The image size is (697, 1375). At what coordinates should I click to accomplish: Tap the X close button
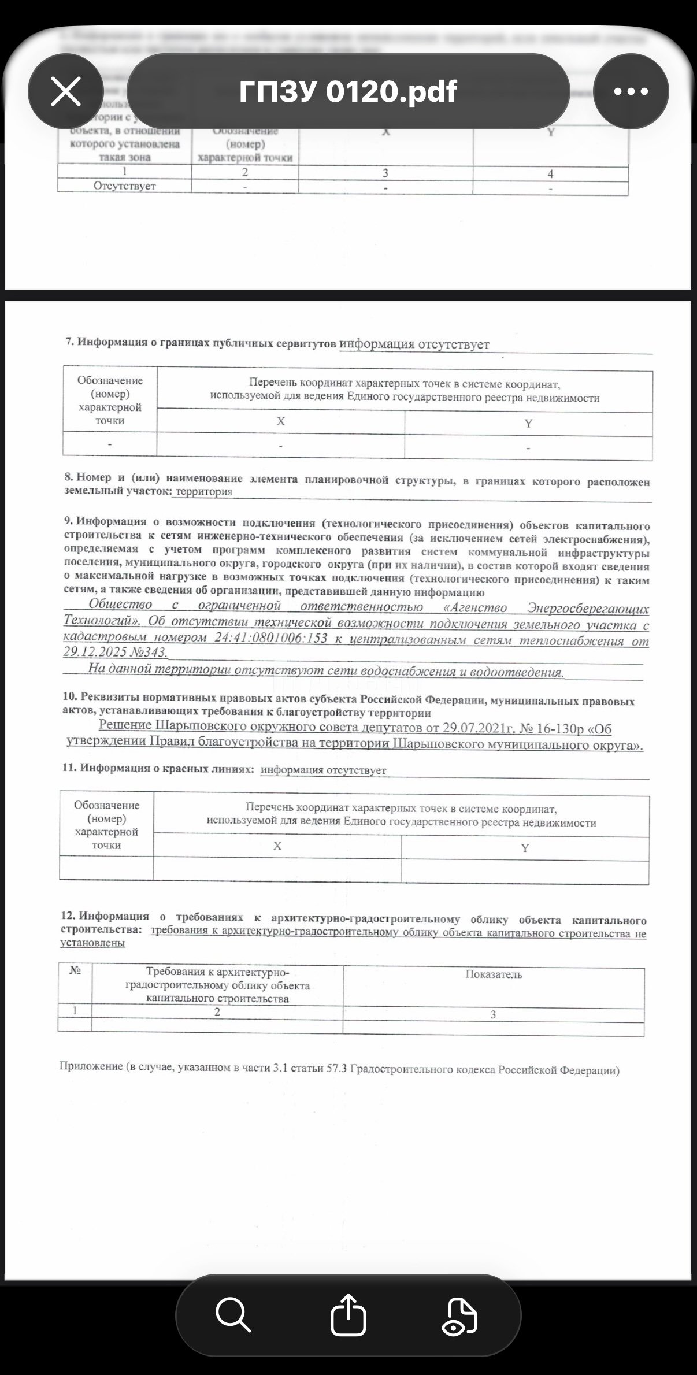tap(66, 92)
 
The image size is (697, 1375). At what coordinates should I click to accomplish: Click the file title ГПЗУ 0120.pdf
tap(348, 91)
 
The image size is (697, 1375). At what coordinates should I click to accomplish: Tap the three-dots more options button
tap(631, 91)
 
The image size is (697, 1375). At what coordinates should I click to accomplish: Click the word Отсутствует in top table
tap(124, 186)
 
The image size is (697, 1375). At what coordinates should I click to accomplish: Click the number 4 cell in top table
tap(550, 174)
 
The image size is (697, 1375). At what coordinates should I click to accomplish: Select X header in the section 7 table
tap(280, 422)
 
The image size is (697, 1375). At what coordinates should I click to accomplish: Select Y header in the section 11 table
tap(525, 848)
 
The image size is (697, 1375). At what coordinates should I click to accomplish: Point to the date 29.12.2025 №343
tap(115, 652)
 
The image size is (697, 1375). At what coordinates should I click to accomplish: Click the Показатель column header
tap(494, 974)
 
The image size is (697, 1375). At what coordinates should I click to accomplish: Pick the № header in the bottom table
tap(75, 970)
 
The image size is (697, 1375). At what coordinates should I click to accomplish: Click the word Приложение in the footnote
tap(91, 1066)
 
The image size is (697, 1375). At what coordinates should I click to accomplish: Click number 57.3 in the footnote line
tap(336, 1069)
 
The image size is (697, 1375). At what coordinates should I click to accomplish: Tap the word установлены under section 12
tap(92, 943)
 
